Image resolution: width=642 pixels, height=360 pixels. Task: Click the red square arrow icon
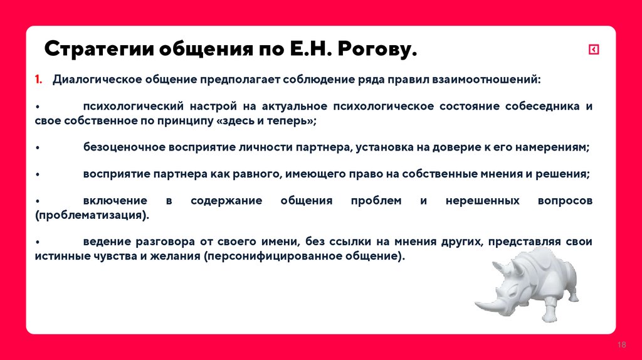(x=593, y=50)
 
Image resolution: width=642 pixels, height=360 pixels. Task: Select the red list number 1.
(x=38, y=80)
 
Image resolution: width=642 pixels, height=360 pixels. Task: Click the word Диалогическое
(x=96, y=80)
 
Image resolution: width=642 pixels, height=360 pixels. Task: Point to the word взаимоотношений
(x=497, y=80)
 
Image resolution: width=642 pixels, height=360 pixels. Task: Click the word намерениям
(x=552, y=147)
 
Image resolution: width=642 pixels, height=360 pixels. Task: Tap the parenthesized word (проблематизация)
(x=93, y=215)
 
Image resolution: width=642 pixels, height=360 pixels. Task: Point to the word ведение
(x=105, y=242)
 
